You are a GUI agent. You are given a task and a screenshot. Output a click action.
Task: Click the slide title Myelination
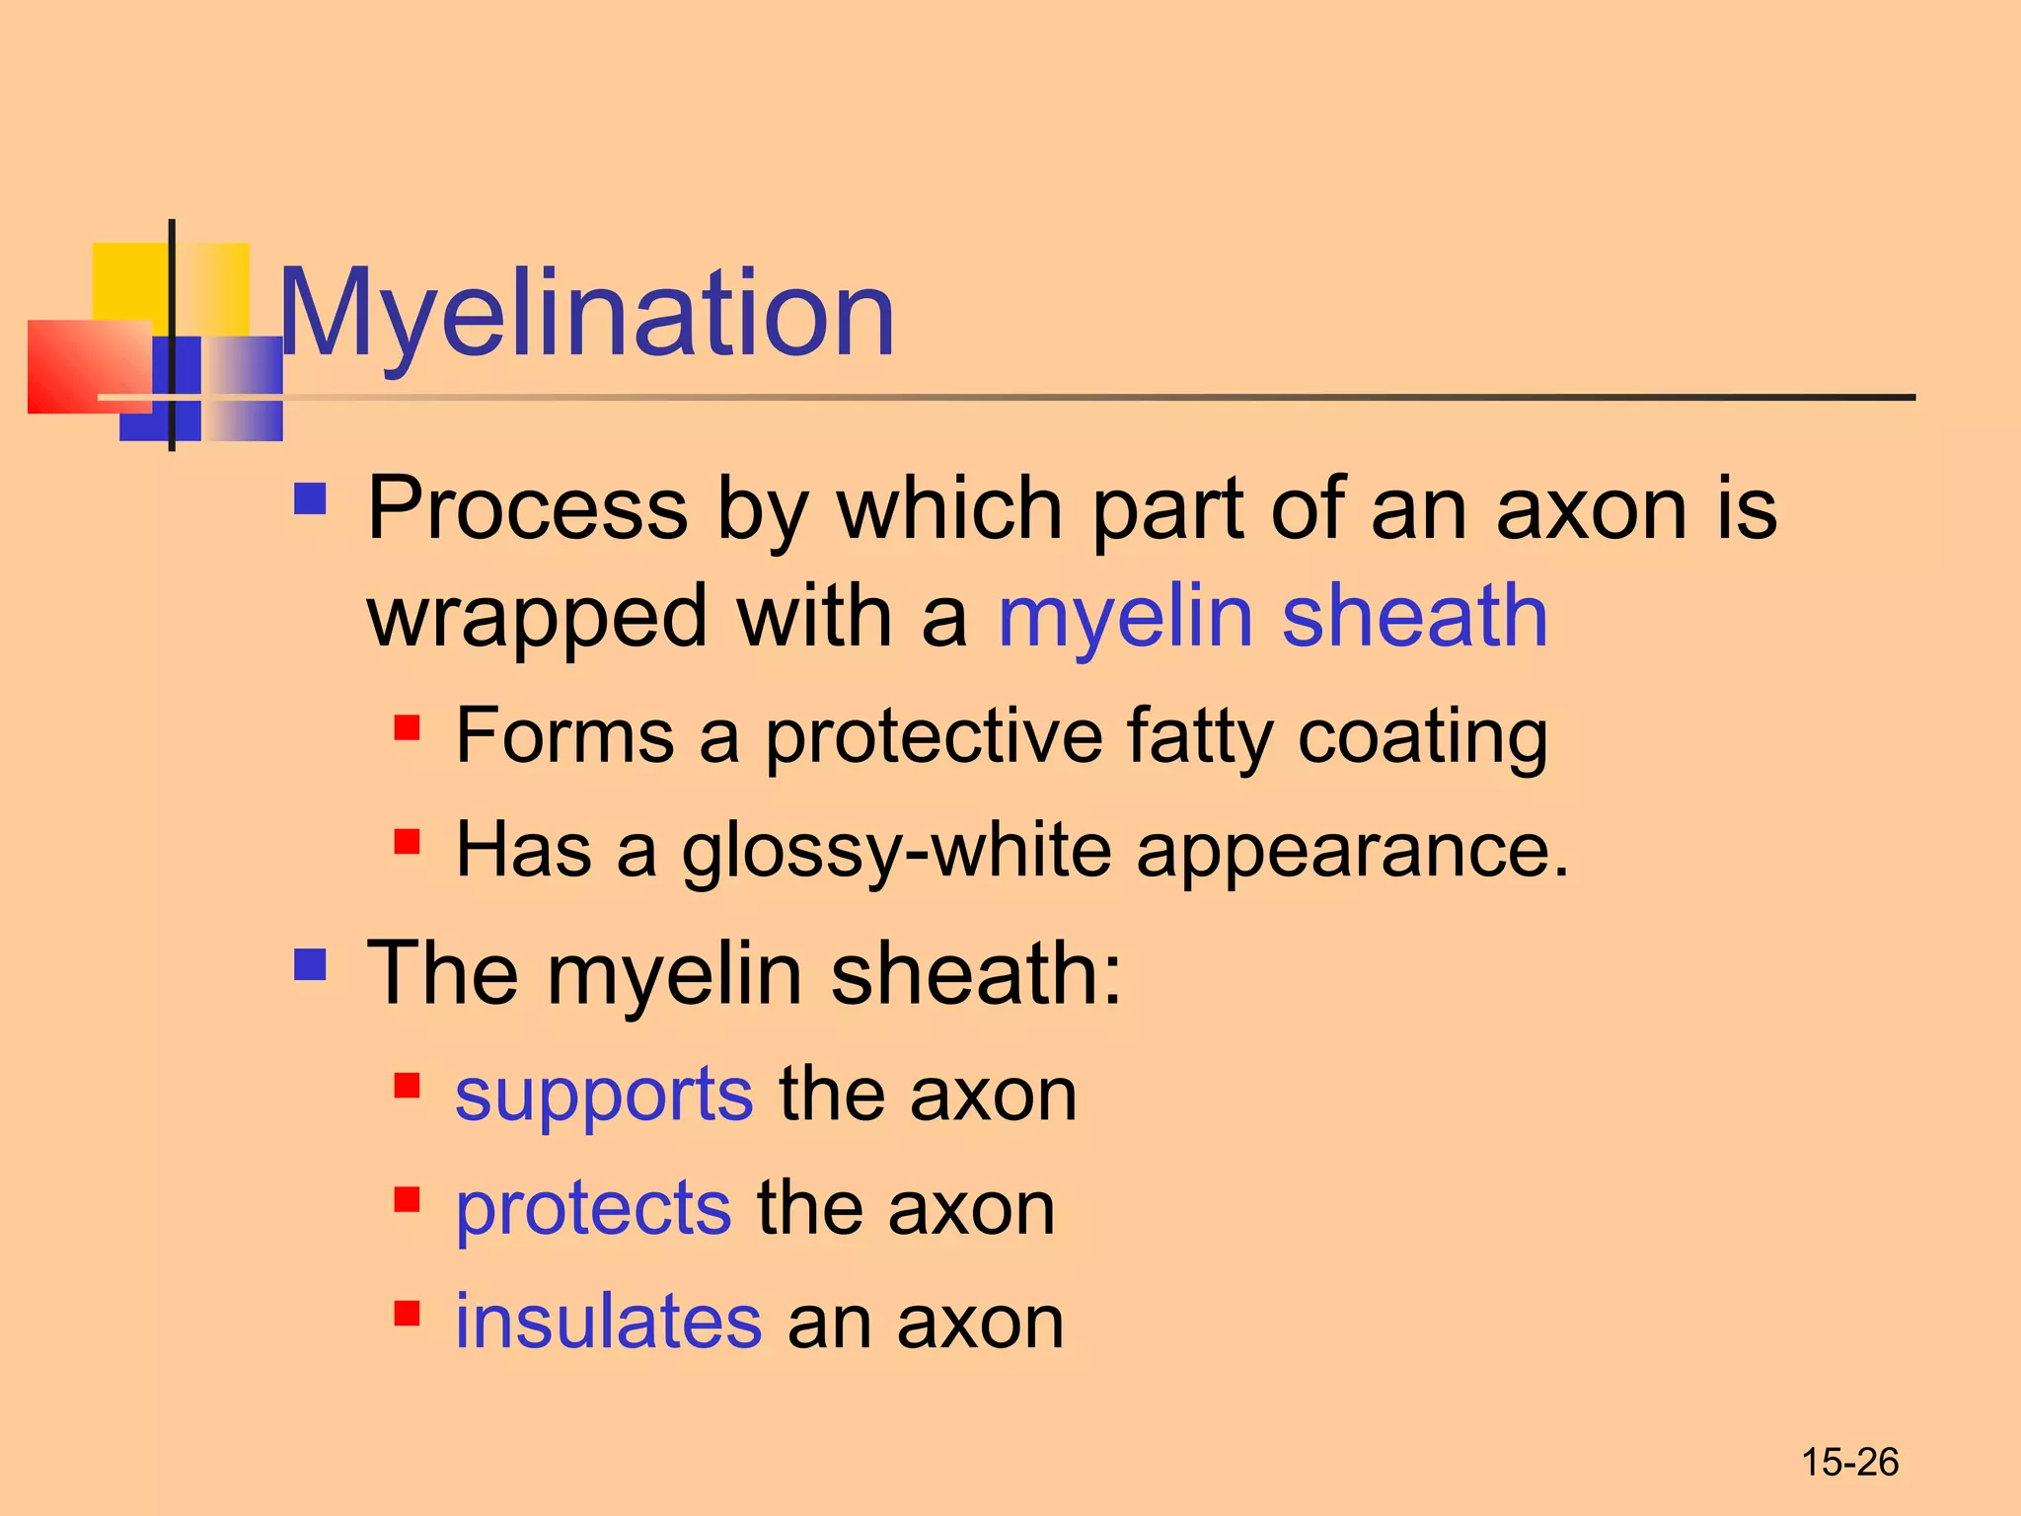tap(587, 314)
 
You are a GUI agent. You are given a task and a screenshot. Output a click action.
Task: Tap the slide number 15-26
tap(1849, 1462)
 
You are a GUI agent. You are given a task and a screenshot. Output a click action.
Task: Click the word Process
tap(527, 509)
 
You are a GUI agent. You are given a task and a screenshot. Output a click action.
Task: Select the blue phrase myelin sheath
tap(1272, 617)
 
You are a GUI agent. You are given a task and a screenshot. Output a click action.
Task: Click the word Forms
tap(564, 735)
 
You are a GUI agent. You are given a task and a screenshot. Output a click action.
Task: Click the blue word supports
tap(604, 1096)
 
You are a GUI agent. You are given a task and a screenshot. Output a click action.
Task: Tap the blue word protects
tap(593, 1209)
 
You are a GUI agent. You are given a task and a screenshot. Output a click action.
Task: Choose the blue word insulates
tap(608, 1322)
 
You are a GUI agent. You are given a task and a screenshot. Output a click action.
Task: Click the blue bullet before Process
tap(310, 498)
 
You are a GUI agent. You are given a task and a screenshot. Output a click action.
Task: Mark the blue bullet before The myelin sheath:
tap(310, 964)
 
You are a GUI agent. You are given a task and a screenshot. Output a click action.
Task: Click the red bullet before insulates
tap(407, 1314)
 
